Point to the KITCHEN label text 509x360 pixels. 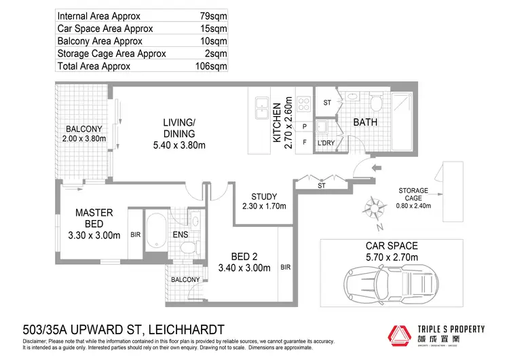click(277, 124)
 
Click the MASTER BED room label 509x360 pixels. click(94, 224)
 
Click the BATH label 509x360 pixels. click(364, 123)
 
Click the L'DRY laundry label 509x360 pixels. click(327, 143)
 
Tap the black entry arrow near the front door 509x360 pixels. click(377, 168)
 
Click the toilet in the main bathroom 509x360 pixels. click(375, 104)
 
